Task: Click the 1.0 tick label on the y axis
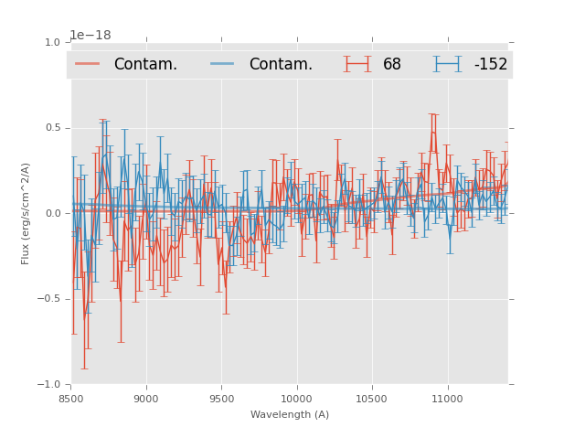51,42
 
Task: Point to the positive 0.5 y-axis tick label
51,128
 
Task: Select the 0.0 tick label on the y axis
51,214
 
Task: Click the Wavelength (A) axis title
290,415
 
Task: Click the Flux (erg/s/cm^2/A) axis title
26,213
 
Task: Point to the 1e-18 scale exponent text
90,35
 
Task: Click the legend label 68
392,65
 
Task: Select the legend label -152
490,65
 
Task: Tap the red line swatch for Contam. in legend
89,64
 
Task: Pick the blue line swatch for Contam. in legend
224,64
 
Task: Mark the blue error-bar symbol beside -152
448,64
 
